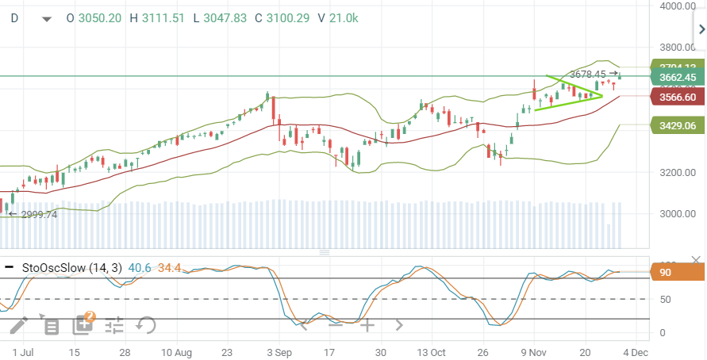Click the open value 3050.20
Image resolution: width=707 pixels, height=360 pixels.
coord(100,17)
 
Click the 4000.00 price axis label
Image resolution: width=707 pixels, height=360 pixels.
coord(677,6)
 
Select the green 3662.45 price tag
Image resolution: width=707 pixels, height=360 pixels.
coord(677,78)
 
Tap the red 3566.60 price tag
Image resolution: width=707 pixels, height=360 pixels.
coord(677,97)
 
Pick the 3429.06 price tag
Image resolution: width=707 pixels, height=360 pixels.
coord(677,125)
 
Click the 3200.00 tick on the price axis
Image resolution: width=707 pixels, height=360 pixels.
coord(677,172)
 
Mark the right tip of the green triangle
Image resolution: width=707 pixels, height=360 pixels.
coord(602,96)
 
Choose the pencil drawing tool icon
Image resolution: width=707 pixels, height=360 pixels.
coord(18,324)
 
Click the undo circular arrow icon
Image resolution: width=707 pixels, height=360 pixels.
coord(145,324)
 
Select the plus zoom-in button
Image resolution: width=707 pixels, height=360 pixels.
coord(367,324)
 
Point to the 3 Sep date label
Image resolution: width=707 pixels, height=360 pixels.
coord(279,351)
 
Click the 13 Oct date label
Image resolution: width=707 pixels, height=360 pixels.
coord(432,351)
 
